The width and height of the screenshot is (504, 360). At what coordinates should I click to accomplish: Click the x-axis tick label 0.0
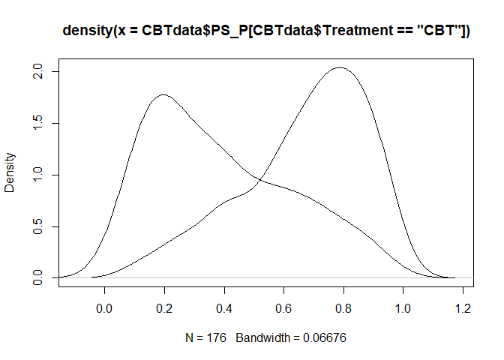104,308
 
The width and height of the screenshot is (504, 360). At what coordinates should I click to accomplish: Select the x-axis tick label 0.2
164,308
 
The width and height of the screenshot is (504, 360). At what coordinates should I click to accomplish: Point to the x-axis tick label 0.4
224,308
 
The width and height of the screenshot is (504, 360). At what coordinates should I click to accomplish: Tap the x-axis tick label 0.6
283,308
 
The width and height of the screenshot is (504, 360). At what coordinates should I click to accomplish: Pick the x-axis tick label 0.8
343,308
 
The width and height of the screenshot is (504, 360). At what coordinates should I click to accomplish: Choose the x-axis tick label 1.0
403,308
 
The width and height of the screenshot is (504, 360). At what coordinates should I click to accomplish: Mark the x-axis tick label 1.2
463,308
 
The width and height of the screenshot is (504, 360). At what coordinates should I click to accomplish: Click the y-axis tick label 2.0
37,71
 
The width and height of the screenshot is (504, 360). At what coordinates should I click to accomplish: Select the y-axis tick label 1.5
37,123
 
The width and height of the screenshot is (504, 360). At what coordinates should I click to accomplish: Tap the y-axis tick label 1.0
37,175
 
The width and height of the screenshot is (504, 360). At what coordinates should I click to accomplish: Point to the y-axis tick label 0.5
37,226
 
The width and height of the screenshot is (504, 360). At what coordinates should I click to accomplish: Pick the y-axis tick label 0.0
37,277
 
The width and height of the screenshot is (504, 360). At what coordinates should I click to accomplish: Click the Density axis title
10,172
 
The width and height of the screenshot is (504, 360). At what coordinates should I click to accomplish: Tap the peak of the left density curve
163,94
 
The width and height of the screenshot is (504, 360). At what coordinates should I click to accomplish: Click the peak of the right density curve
340,67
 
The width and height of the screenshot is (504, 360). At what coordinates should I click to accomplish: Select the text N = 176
205,337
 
